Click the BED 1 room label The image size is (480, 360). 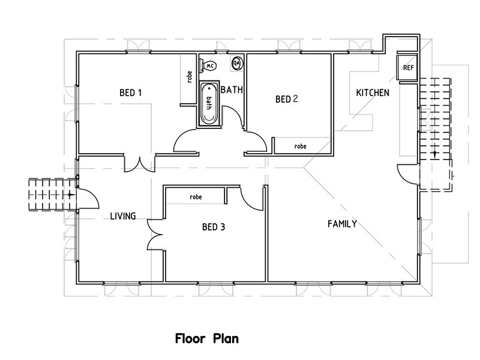pos(130,92)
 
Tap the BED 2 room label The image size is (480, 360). pos(286,99)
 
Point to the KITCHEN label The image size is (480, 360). pos(373,93)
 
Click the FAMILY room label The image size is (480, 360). pos(342,224)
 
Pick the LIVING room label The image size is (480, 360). pos(122,216)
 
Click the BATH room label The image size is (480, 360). pos(232,90)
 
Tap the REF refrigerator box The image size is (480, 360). pos(408,68)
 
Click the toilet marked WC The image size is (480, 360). pos(209,65)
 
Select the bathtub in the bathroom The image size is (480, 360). pos(209,103)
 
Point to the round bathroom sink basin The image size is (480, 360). pos(237,62)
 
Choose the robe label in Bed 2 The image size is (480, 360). pos(300,146)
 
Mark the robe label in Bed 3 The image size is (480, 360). pos(195,196)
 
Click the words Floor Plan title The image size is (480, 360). pos(207,338)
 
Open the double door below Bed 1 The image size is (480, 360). pos(140,163)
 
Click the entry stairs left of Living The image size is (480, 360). pos(52,194)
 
